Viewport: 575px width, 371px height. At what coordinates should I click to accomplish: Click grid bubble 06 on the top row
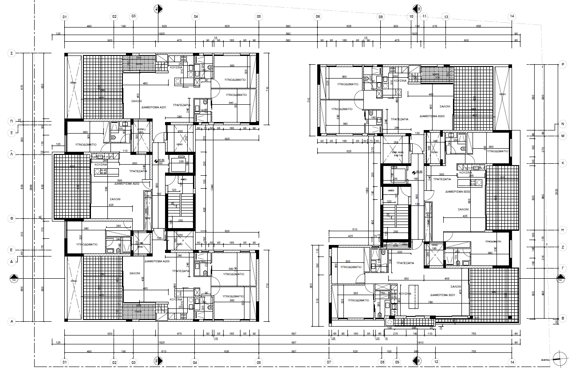tap(317, 16)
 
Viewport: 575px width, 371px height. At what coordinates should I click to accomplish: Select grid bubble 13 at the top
tap(446, 16)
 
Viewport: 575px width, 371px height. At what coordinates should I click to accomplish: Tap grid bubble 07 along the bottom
tap(329, 362)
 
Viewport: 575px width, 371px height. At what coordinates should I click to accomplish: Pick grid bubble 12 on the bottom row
tap(436, 362)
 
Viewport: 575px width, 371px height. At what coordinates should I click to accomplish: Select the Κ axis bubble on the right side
tap(563, 163)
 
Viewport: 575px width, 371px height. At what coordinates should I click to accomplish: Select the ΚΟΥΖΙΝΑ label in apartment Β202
tap(465, 172)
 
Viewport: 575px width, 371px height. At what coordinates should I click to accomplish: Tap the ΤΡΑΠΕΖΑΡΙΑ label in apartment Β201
tap(402, 263)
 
